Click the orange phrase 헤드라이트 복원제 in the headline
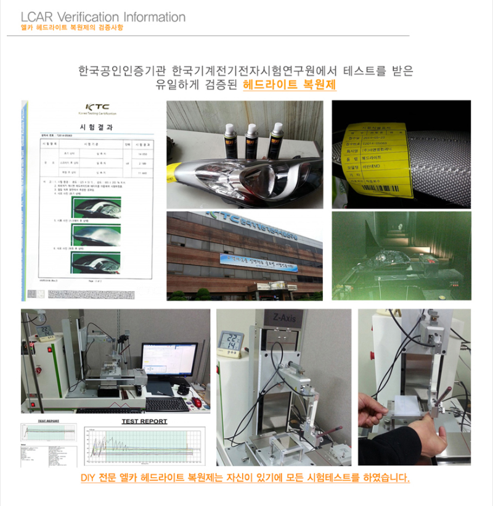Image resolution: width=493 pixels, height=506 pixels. click(x=290, y=85)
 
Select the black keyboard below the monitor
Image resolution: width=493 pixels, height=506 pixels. click(x=166, y=404)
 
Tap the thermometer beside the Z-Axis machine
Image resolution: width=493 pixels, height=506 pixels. click(x=231, y=344)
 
